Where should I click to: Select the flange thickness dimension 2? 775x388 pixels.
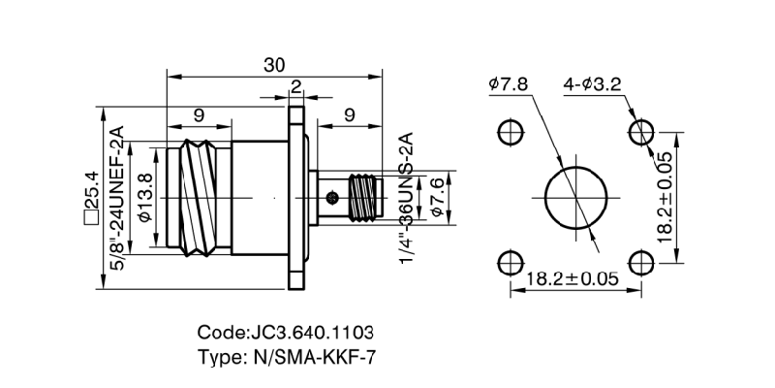295,85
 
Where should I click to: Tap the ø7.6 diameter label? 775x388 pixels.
436,198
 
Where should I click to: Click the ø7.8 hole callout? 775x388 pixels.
509,84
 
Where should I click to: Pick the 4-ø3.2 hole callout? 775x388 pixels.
592,84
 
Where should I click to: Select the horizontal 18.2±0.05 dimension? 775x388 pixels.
573,279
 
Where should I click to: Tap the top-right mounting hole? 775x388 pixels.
639,132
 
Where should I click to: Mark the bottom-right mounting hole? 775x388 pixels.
639,262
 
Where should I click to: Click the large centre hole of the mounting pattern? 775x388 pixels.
574,197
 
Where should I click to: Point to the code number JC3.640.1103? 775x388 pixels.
285,331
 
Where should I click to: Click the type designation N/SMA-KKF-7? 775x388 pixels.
285,356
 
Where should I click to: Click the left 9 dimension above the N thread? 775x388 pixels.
199,114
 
